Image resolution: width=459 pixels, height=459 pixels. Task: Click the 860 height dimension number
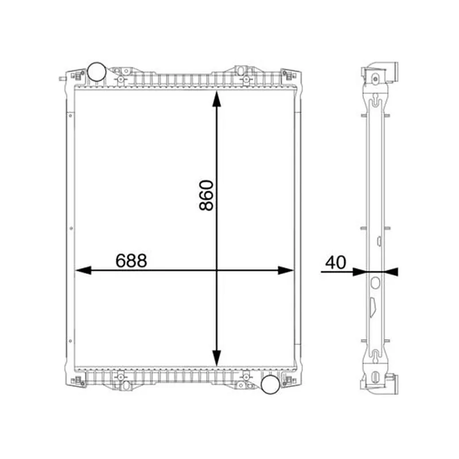tap(207, 195)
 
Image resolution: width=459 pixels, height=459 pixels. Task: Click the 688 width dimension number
tap(131, 261)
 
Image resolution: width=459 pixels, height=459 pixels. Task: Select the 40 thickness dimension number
tap(336, 263)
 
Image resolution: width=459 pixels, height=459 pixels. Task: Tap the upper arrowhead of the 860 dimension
tap(217, 99)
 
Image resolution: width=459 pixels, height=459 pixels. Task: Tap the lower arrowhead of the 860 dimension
tap(217, 358)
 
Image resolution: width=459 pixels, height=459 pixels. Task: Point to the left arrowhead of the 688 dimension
tap(83, 270)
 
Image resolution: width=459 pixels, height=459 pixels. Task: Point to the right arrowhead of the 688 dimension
tap(285, 270)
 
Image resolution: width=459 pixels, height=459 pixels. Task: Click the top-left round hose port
tap(96, 72)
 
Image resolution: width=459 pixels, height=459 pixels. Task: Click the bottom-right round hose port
tap(270, 384)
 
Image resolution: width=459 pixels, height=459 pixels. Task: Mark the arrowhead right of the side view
tap(391, 272)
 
